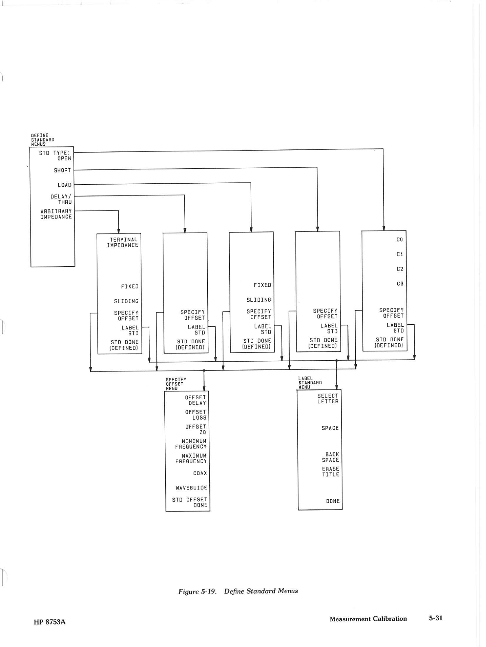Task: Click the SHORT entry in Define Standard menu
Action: [62, 170]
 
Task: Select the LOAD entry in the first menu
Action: [64, 185]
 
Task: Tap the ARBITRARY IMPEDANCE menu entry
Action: [56, 214]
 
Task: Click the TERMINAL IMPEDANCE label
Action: [123, 242]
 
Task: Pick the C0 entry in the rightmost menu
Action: [400, 240]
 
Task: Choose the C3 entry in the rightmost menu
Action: [400, 284]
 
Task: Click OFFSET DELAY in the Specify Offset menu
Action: [196, 400]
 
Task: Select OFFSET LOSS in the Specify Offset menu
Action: [196, 415]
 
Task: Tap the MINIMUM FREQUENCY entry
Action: [191, 444]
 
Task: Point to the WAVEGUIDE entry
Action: [192, 488]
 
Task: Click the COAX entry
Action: [200, 473]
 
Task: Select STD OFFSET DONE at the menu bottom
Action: [190, 502]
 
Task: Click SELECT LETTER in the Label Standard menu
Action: [328, 398]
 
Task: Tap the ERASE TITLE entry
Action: [331, 471]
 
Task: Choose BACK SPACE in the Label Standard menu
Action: [331, 457]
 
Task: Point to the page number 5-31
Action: [435, 618]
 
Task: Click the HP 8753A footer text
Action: [50, 622]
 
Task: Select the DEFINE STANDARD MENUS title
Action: [42, 140]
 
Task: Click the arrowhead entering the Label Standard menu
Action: [336, 387]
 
